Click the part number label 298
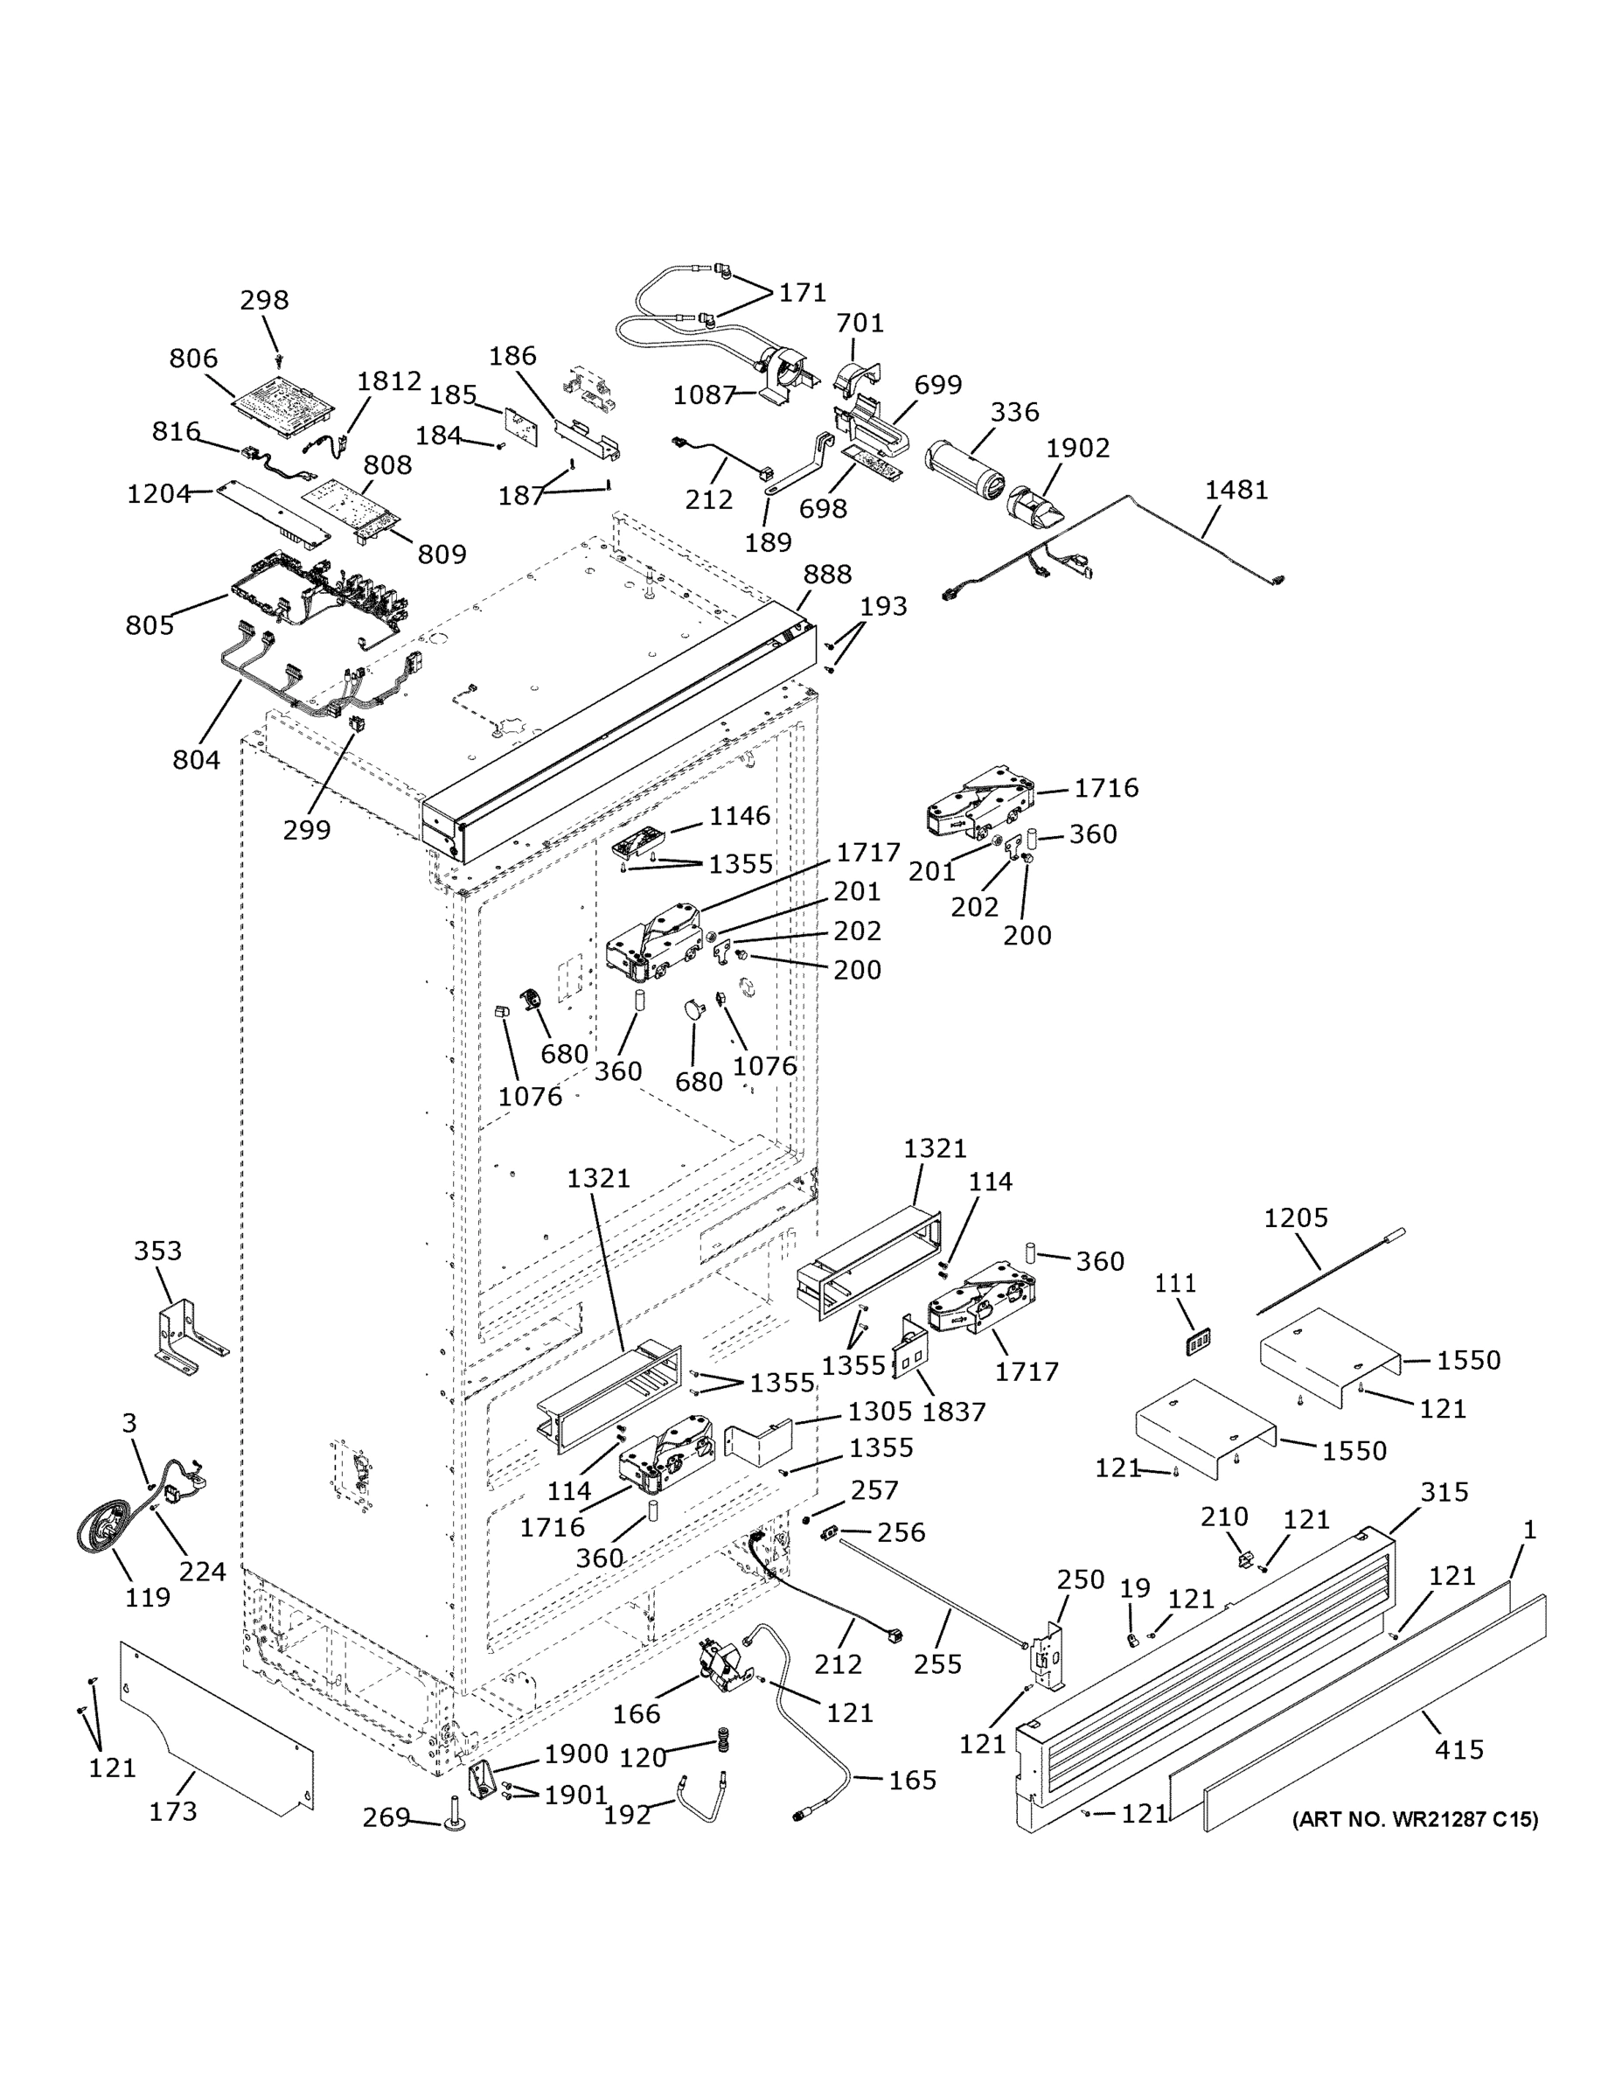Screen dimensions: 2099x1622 pos(264,301)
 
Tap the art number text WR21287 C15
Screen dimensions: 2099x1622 pos(1415,1819)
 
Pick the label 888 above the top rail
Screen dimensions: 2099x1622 pos(827,575)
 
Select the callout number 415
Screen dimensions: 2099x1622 pos(1458,1749)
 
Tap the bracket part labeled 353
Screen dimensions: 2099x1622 pos(187,1330)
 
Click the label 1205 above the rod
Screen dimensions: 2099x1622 pos(1295,1218)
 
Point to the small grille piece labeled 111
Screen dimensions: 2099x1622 pos(1197,1342)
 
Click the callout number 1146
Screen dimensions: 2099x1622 pos(739,816)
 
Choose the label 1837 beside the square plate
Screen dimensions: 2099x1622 pos(953,1412)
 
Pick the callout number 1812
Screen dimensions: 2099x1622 pos(389,381)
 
